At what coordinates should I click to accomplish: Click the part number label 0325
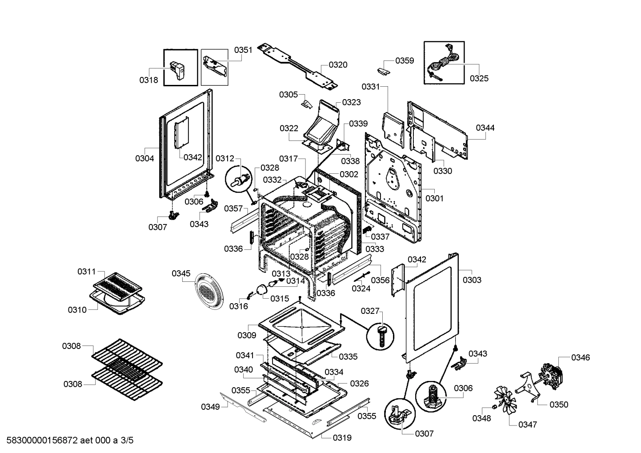point(479,79)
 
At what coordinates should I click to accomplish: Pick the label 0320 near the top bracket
point(338,65)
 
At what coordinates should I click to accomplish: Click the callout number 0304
point(144,158)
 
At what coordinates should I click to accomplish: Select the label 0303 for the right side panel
point(472,280)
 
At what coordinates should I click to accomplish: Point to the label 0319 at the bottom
point(342,438)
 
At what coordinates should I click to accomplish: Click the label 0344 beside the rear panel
point(485,128)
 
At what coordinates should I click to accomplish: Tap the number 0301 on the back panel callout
point(434,199)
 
